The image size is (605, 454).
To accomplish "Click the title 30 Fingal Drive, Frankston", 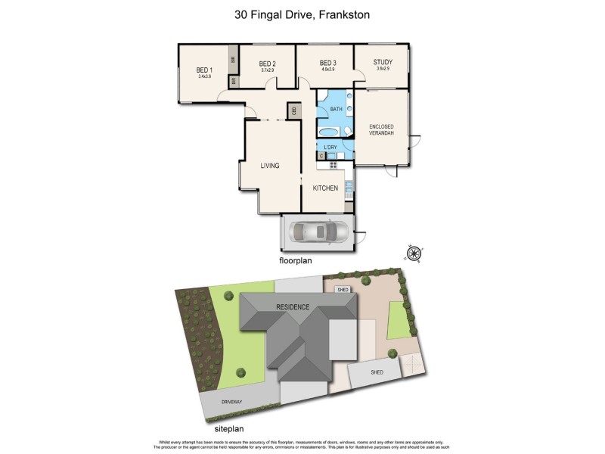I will click(x=302, y=14).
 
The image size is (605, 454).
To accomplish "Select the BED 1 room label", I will click(x=204, y=70).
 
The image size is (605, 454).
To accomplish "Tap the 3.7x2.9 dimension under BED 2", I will click(x=266, y=70).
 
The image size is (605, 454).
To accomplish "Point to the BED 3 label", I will click(x=327, y=63).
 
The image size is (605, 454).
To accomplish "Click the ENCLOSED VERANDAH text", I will click(x=381, y=130).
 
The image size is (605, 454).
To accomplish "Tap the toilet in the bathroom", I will click(x=346, y=131).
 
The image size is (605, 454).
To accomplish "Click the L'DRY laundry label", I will click(x=330, y=147).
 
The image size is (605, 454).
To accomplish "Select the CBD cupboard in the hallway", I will click(x=291, y=111).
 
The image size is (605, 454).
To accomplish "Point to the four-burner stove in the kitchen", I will click(x=333, y=164).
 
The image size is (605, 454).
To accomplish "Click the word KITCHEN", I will click(x=325, y=188).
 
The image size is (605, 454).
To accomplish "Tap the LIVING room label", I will click(x=270, y=166).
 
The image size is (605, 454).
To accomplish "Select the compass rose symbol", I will click(x=414, y=253).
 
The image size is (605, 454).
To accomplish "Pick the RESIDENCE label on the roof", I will click(x=292, y=306).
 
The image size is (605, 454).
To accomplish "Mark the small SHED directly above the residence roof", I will click(x=342, y=288).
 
